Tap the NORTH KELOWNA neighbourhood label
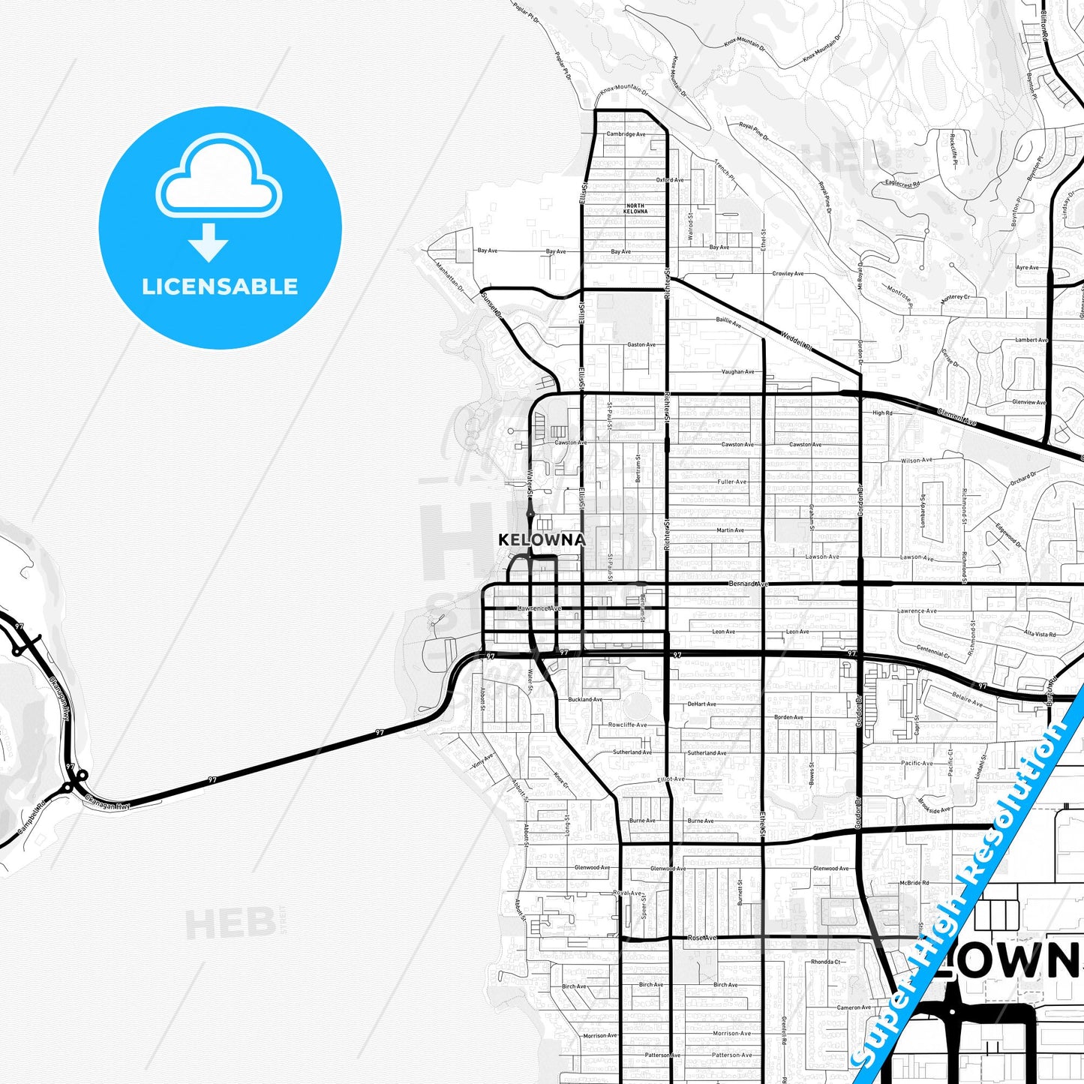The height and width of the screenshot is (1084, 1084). [x=635, y=209]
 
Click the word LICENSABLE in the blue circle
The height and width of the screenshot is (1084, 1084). [x=220, y=287]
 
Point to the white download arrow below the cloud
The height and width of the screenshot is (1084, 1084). [x=209, y=242]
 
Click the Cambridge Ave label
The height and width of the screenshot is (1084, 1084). [x=626, y=134]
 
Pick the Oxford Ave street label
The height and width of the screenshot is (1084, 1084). [x=669, y=180]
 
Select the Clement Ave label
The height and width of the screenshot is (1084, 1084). [x=956, y=417]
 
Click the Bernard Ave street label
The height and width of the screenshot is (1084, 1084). [x=748, y=584]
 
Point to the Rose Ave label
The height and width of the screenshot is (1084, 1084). [x=702, y=938]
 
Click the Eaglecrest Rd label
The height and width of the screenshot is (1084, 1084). [x=902, y=182]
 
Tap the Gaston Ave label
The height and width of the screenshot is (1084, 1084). [x=641, y=345]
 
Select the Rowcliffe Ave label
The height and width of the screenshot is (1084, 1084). [x=627, y=725]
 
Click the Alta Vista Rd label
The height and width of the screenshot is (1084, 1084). [x=1040, y=634]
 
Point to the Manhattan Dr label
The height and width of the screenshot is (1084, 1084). [x=450, y=276]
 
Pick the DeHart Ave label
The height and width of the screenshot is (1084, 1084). [x=701, y=704]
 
